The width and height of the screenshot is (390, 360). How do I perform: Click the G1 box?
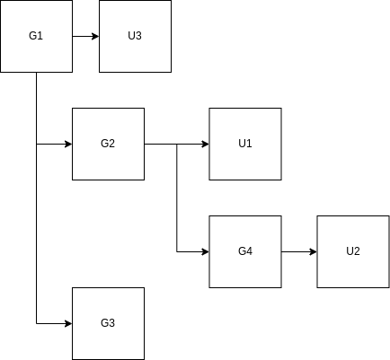pyautogui.click(x=36, y=36)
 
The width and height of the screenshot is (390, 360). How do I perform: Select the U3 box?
pyautogui.click(x=135, y=36)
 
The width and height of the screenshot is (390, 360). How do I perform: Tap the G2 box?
pyautogui.click(x=108, y=144)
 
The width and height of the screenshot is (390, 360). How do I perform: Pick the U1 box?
pyautogui.click(x=245, y=144)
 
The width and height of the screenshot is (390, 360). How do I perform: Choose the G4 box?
pyautogui.click(x=245, y=251)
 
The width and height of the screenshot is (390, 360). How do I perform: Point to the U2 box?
pyautogui.click(x=353, y=251)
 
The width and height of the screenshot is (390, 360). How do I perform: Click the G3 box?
pyautogui.click(x=108, y=323)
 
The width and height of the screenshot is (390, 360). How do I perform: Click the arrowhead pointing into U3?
pyautogui.click(x=96, y=37)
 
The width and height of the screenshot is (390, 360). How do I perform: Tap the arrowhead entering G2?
pyautogui.click(x=69, y=145)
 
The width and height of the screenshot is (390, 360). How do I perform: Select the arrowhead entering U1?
pyautogui.click(x=206, y=145)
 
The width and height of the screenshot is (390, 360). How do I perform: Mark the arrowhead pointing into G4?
pyautogui.click(x=206, y=252)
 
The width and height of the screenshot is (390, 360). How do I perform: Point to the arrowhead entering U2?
pyautogui.click(x=314, y=252)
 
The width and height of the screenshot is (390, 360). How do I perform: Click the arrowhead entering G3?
pyautogui.click(x=69, y=323)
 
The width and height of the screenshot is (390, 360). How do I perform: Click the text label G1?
pyautogui.click(x=36, y=36)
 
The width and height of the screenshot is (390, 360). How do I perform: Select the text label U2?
pyautogui.click(x=353, y=251)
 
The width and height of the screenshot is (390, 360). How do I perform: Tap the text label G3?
pyautogui.click(x=108, y=323)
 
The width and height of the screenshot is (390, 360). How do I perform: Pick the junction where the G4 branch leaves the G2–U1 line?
pyautogui.click(x=177, y=145)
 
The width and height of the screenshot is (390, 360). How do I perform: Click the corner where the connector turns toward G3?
pyautogui.click(x=37, y=323)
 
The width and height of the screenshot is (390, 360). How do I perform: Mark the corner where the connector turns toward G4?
pyautogui.click(x=177, y=252)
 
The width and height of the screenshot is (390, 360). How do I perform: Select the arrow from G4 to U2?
pyautogui.click(x=299, y=252)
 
